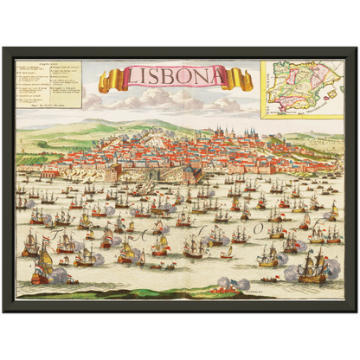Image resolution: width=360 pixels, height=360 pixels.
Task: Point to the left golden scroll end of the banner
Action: tap(106, 82)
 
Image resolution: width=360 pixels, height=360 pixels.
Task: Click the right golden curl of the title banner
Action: tap(245, 80)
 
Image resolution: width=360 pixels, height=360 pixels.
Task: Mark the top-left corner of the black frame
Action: tap(4, 48)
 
